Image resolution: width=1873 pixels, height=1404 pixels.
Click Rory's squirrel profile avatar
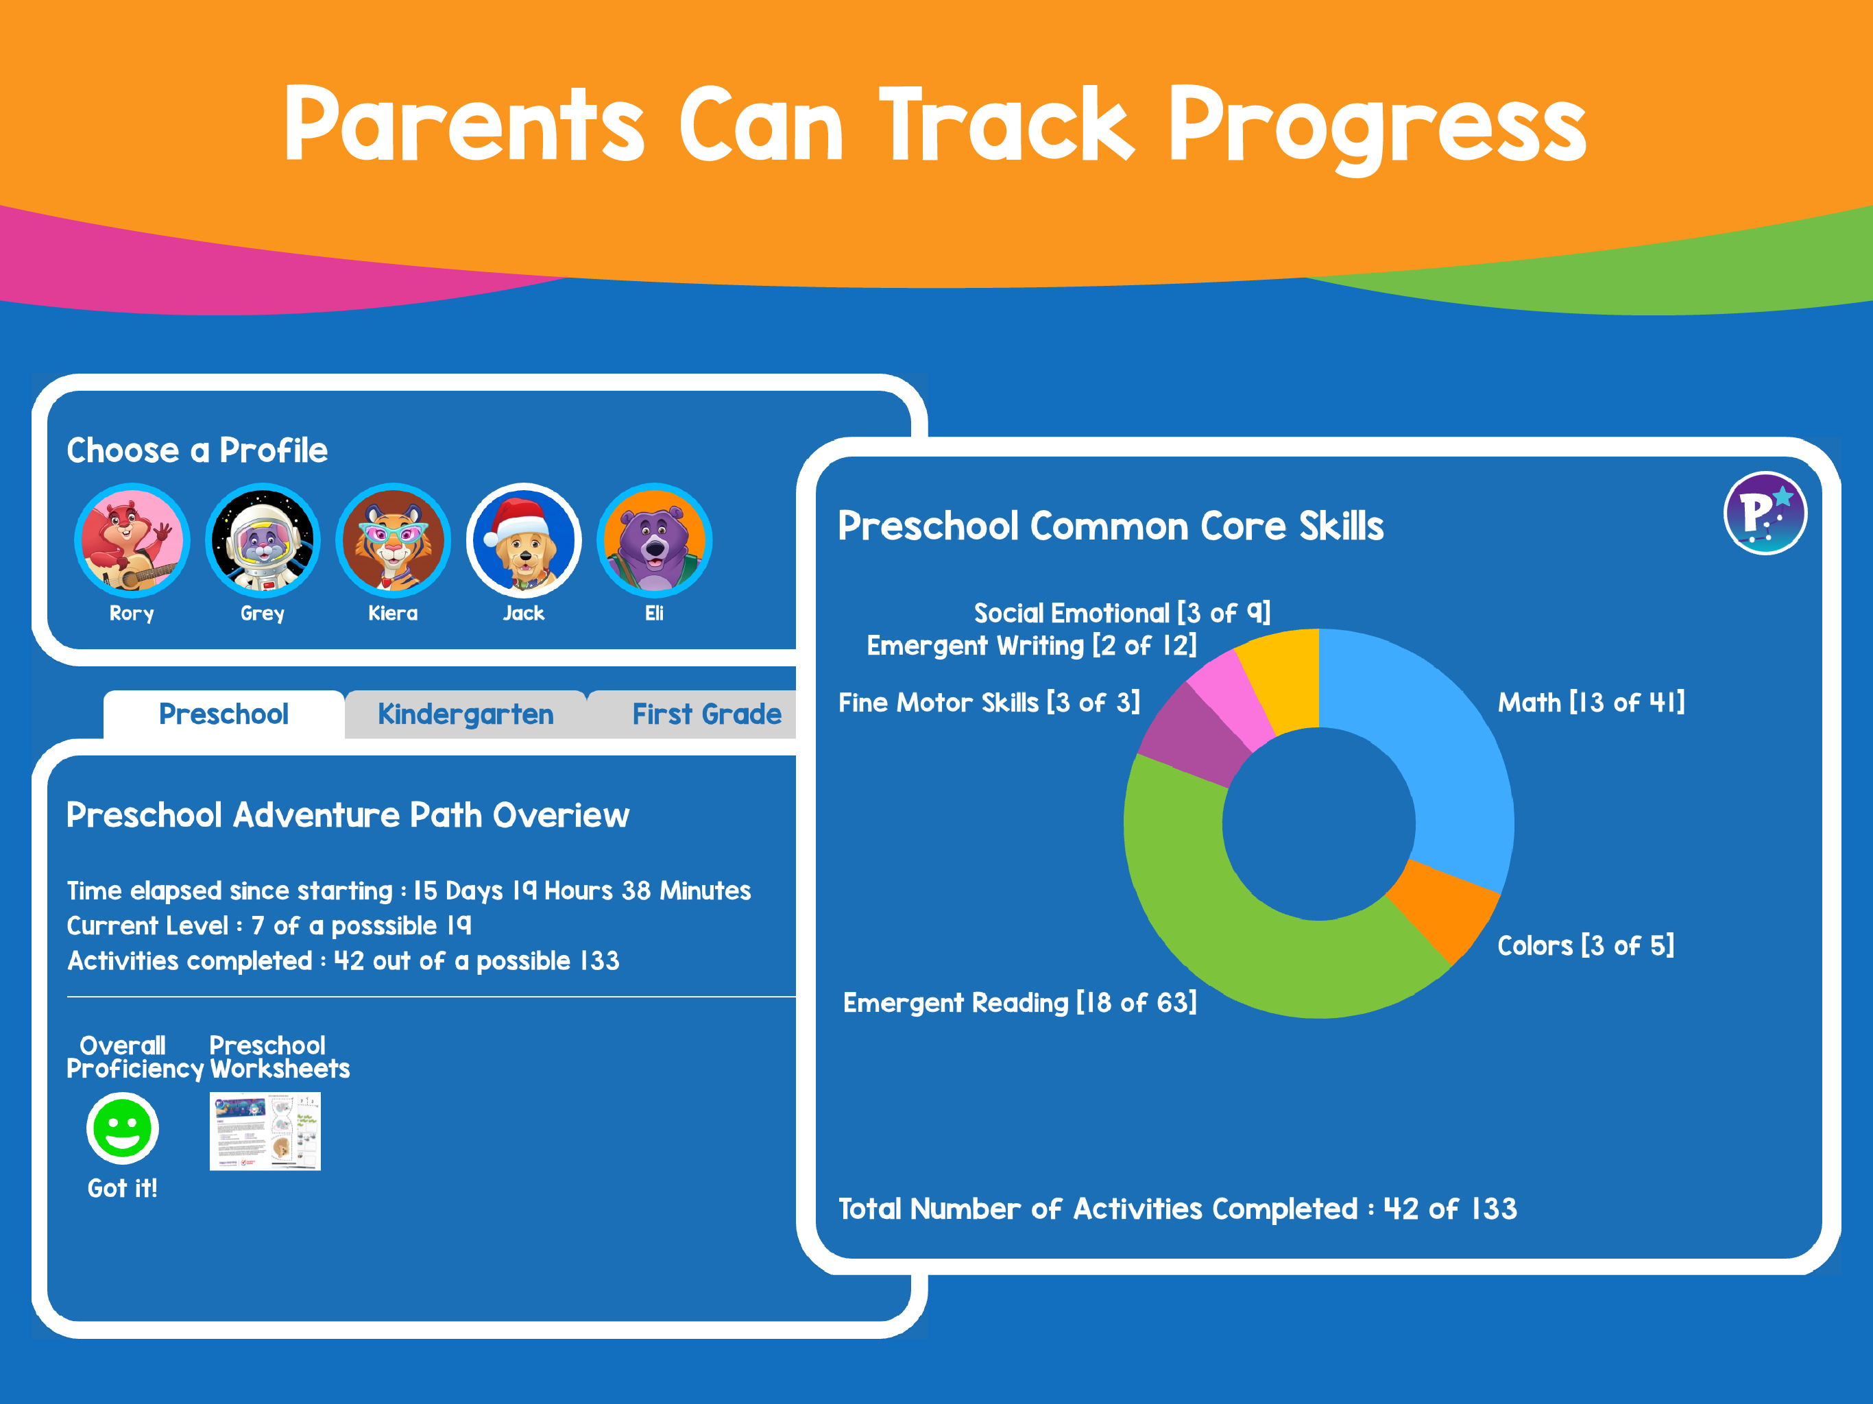point(132,540)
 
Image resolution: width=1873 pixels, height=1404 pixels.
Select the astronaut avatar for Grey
point(263,540)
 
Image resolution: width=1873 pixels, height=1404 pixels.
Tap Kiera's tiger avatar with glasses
point(393,540)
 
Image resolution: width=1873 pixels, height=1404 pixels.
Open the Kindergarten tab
point(465,714)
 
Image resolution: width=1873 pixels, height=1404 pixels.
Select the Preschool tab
point(223,714)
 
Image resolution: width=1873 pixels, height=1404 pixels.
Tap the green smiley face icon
point(122,1128)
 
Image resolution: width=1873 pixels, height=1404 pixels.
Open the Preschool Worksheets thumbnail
point(265,1131)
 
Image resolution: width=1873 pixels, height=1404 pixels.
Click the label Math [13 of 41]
point(1590,702)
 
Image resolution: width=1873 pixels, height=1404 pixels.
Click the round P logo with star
point(1765,513)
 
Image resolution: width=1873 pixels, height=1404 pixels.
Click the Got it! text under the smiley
point(122,1188)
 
